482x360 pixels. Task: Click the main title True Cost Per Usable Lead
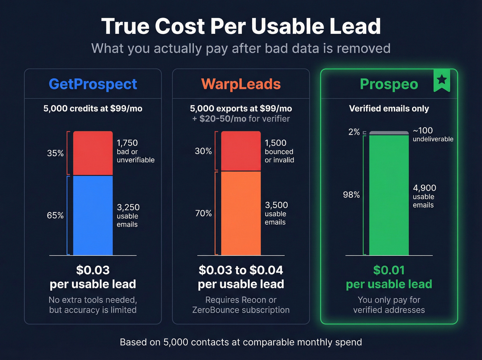(x=241, y=26)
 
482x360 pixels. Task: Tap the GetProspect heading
(x=93, y=84)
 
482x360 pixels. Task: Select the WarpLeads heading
(x=241, y=84)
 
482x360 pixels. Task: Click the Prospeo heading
(x=389, y=84)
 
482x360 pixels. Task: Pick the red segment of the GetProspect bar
(x=93, y=153)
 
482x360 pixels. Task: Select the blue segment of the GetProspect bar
(x=93, y=215)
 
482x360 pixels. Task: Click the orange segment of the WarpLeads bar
(x=241, y=213)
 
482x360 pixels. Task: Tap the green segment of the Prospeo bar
(x=389, y=195)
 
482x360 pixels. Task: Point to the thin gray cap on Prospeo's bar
(x=389, y=133)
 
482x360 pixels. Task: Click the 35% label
(x=55, y=153)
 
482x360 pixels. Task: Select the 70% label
(x=203, y=213)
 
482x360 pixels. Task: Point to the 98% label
(x=351, y=195)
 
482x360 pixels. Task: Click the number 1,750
(x=127, y=143)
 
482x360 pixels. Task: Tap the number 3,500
(x=276, y=205)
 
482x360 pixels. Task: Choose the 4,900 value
(x=424, y=188)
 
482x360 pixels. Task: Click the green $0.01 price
(x=389, y=270)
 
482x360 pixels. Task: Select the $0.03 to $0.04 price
(x=241, y=270)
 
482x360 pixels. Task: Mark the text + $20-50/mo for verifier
(x=241, y=119)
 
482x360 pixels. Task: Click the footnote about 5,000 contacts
(x=241, y=342)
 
